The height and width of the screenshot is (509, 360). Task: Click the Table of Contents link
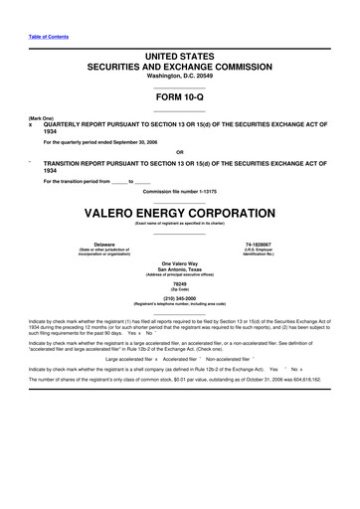(x=47, y=38)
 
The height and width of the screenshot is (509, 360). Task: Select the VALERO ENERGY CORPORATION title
(x=179, y=214)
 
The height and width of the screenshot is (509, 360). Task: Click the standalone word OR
(x=179, y=152)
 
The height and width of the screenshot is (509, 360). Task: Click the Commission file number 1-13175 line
(x=179, y=191)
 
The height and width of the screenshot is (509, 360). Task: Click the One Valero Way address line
(x=179, y=262)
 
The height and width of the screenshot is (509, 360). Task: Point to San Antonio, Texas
(x=179, y=268)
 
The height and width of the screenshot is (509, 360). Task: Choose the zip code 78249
(x=179, y=285)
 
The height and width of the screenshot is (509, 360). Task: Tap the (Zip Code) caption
(x=179, y=291)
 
